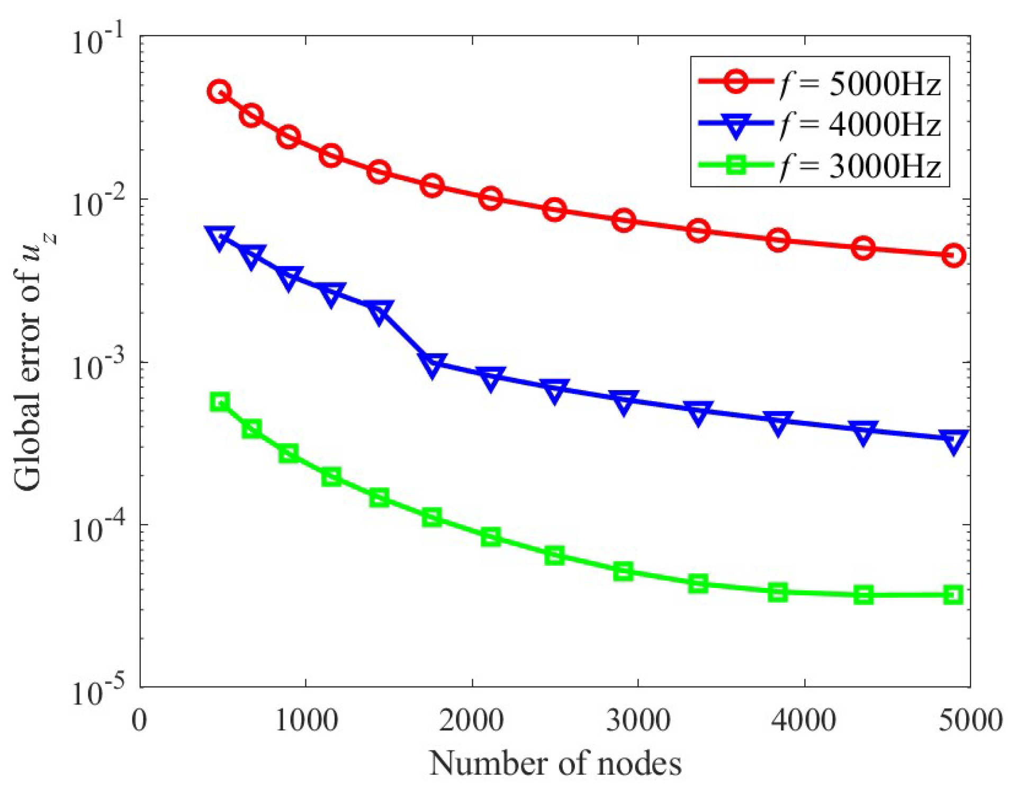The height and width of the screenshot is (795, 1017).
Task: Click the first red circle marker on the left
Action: coord(219,92)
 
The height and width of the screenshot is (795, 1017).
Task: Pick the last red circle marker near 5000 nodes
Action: coord(953,256)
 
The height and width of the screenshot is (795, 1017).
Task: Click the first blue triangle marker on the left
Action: coord(219,238)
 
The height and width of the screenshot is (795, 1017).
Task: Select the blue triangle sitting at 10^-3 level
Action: coord(432,364)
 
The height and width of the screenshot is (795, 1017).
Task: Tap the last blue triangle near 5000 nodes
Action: coord(953,440)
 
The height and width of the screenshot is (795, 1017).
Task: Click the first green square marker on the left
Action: coord(219,402)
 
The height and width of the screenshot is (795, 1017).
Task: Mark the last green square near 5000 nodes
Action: coord(953,595)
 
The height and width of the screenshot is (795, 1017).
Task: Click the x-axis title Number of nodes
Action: coord(555,764)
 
